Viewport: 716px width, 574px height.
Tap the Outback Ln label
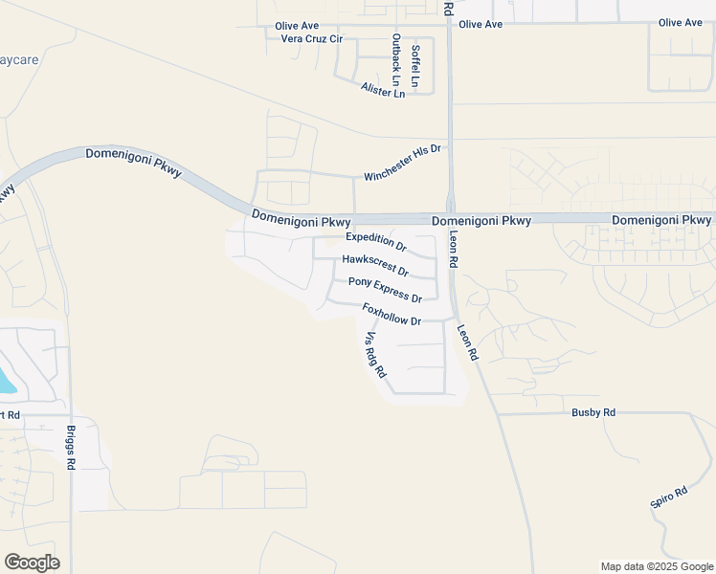396,55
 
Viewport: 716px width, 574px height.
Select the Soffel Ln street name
415,66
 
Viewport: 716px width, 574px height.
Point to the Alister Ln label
383,91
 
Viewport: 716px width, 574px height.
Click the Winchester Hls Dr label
403,162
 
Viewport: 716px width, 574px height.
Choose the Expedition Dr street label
376,242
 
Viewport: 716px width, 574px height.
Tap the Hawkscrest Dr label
375,264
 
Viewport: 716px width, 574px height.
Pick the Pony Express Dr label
385,290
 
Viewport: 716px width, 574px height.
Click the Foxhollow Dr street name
392,314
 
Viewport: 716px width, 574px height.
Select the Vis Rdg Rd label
375,353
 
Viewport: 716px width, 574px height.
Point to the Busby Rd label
593,412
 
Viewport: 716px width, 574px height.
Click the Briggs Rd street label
71,447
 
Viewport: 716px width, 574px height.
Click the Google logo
32,563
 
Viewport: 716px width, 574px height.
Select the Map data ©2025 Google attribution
656,566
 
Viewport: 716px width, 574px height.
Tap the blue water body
7,383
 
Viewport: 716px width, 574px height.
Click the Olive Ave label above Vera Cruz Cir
296,26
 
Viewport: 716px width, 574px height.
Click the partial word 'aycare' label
19,59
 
